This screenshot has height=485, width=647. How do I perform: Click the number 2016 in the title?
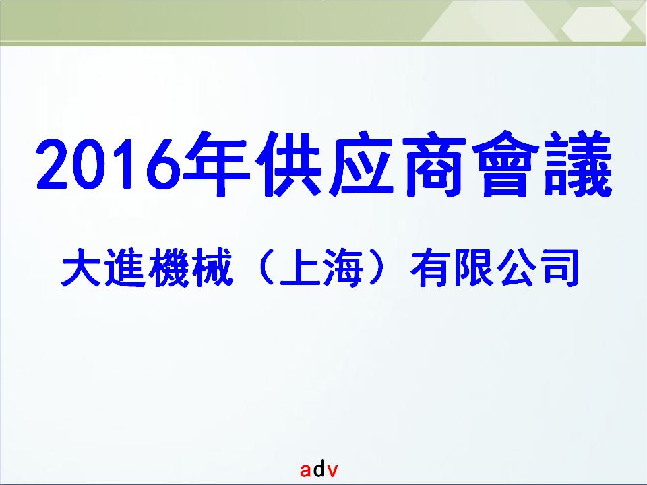click(109, 164)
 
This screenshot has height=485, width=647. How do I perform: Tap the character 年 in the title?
click(217, 164)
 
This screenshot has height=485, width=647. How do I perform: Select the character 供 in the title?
click(288, 164)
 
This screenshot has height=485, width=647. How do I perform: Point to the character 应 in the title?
click(361, 164)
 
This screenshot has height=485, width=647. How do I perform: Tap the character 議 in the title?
click(578, 164)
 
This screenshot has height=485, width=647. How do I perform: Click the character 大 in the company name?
click(81, 267)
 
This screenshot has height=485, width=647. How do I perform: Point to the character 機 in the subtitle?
click(168, 267)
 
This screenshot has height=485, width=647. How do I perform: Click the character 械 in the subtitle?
click(212, 267)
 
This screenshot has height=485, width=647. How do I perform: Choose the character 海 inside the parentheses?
click(343, 267)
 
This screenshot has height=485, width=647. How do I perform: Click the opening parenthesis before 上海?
click(265, 267)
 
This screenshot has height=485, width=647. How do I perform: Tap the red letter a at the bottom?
click(306, 470)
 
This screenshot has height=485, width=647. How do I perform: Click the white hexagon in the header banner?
click(596, 24)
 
